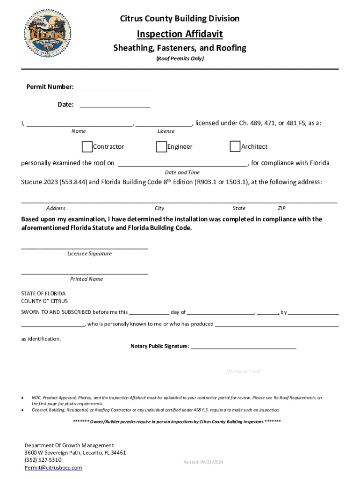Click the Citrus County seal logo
(48, 35)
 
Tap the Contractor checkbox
(87, 147)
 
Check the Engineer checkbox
(162, 147)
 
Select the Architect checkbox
(235, 147)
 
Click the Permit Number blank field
(115, 87)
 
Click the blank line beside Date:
(115, 105)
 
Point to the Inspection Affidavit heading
(180, 34)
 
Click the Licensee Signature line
(85, 247)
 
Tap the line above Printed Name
(85, 272)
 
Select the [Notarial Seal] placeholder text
(243, 371)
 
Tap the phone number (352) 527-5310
(43, 460)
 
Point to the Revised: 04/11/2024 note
(203, 462)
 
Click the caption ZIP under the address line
(281, 208)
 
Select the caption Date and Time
(182, 173)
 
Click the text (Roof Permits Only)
(180, 59)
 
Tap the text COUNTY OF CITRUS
(44, 301)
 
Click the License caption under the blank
(166, 131)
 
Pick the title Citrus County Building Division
(180, 19)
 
